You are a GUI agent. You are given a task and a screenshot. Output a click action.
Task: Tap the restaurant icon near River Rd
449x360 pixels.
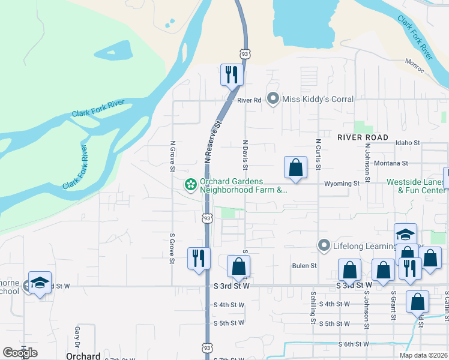pyautogui.click(x=230, y=75)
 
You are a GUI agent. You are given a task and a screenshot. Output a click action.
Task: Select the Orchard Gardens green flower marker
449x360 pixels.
pyautogui.click(x=190, y=185)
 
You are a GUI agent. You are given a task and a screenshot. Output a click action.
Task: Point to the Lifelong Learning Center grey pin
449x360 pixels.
pyautogui.click(x=324, y=245)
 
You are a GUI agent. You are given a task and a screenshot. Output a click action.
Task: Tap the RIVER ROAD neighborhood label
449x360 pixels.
pyautogui.click(x=363, y=137)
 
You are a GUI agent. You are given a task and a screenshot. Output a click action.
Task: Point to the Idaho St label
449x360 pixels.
pyautogui.click(x=408, y=143)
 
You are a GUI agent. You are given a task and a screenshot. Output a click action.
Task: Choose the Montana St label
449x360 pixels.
pyautogui.click(x=390, y=163)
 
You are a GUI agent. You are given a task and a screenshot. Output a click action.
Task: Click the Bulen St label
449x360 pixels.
pyautogui.click(x=304, y=265)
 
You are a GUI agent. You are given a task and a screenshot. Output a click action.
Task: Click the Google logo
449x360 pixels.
pyautogui.click(x=20, y=353)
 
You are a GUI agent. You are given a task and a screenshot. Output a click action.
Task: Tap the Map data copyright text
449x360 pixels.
pyautogui.click(x=424, y=355)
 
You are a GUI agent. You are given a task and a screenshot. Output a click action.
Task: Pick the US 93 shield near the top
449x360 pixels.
pyautogui.click(x=244, y=54)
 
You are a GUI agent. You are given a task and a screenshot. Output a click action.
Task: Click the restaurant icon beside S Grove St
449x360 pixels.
pyautogui.click(x=198, y=259)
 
